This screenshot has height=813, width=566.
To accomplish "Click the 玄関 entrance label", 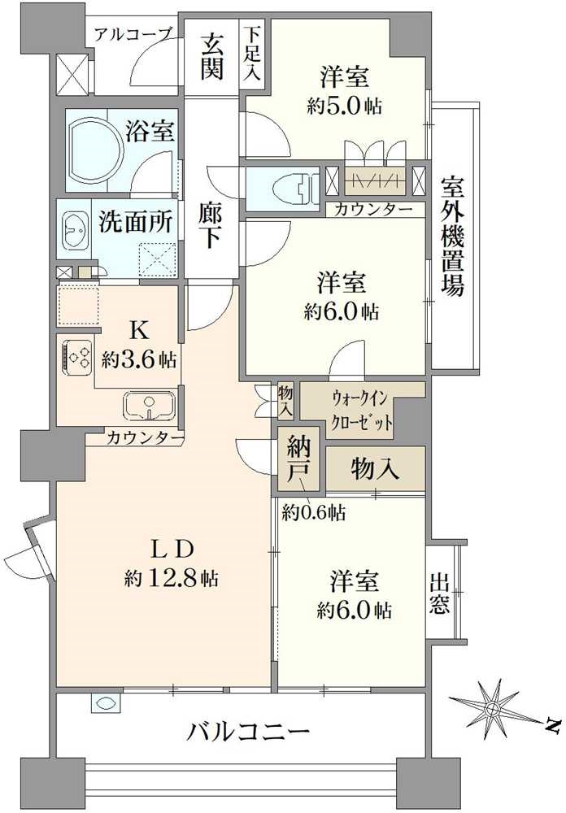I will click(212, 55).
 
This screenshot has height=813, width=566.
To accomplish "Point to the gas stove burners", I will click(77, 356).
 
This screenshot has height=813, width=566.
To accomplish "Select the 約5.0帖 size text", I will click(345, 106).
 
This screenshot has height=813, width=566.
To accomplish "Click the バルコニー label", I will click(248, 731).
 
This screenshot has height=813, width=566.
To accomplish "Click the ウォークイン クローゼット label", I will click(363, 411).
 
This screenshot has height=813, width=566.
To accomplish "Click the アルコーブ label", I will click(133, 34).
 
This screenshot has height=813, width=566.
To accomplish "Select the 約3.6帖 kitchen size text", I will click(138, 358).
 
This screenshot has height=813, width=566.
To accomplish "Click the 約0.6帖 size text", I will click(314, 512).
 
